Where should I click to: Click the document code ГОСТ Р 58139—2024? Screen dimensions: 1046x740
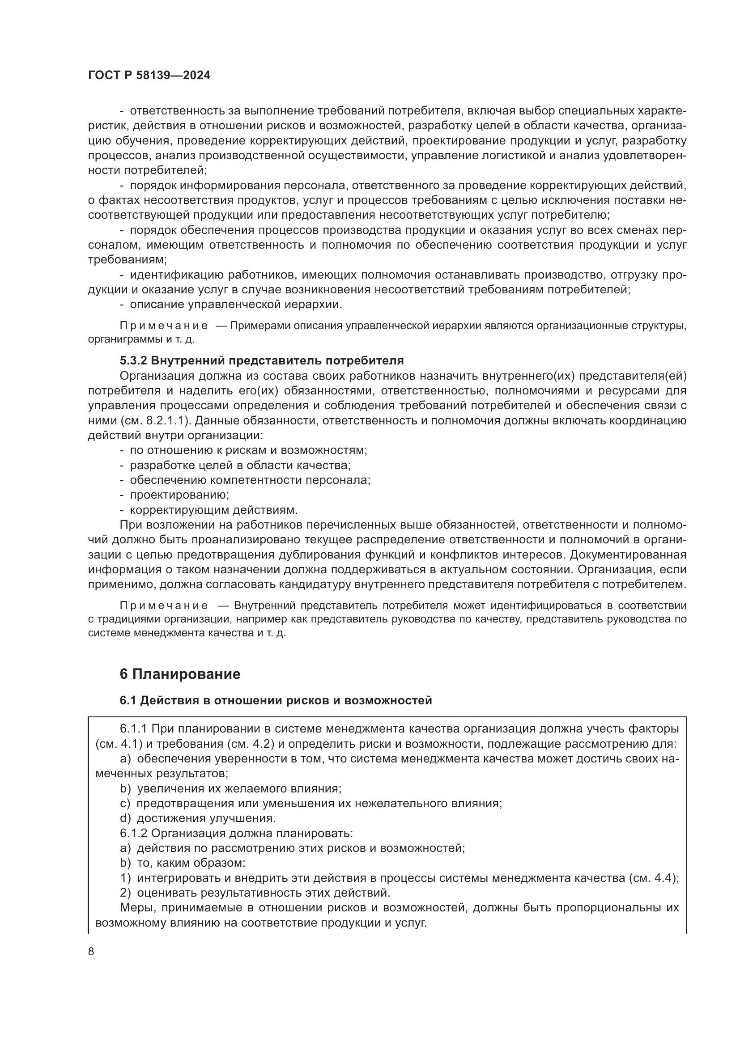(x=149, y=76)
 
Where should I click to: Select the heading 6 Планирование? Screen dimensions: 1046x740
(x=180, y=674)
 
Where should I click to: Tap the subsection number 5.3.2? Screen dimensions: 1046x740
(x=133, y=361)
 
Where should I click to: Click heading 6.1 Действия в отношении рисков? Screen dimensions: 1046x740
(x=276, y=700)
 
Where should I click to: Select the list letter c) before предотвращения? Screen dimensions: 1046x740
(x=125, y=803)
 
